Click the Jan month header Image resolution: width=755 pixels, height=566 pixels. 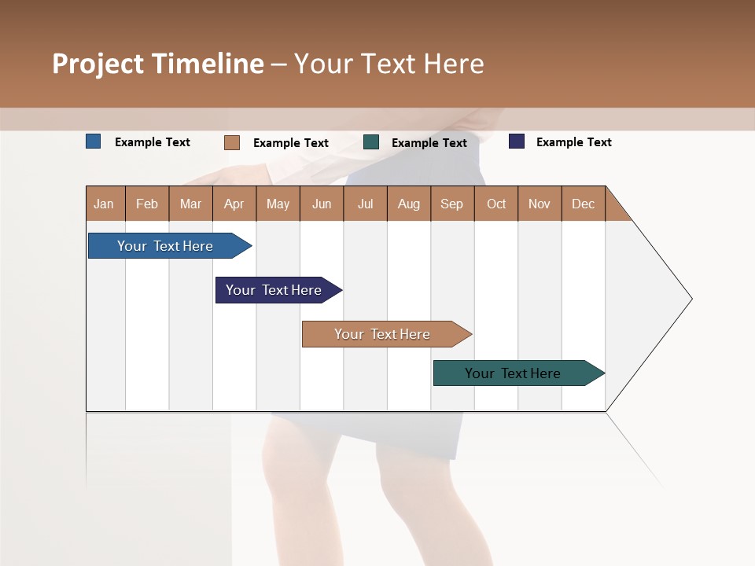coord(105,204)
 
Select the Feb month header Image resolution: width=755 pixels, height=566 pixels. coord(147,204)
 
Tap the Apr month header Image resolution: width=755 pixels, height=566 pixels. coord(234,204)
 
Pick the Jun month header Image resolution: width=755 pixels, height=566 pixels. coord(322,204)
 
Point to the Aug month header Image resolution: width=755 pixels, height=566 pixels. coord(408,204)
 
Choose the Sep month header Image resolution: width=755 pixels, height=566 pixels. coord(451,204)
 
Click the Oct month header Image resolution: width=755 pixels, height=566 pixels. coord(496,204)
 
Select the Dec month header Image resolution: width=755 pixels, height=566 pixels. coord(583,204)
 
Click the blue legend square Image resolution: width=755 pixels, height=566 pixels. coord(94,141)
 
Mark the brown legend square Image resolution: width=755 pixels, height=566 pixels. coord(232,142)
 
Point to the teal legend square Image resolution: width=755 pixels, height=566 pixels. coord(371,142)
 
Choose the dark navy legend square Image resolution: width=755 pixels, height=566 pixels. coord(516,141)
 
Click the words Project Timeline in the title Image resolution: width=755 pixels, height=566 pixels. coord(158,64)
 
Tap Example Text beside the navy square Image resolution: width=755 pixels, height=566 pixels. coord(573,142)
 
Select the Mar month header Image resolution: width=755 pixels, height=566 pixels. coord(190,204)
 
